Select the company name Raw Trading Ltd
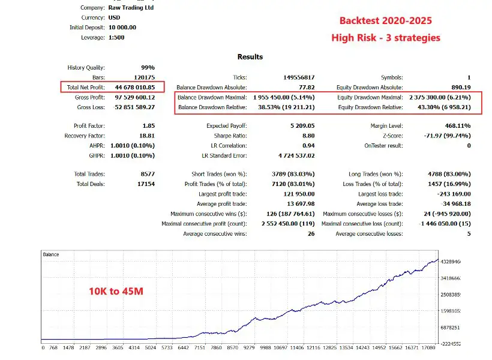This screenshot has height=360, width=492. pos(131,8)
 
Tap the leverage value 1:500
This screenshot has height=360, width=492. pos(117,37)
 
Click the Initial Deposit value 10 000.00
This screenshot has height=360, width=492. pos(122,28)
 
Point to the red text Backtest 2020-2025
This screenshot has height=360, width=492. pos(386,21)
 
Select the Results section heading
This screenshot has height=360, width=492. pos(250,57)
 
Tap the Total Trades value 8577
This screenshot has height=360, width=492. pos(146,174)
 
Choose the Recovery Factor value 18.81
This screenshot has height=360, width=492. pos(146,136)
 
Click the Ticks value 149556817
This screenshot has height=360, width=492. pos(298,77)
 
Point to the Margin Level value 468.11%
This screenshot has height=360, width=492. pos(454,126)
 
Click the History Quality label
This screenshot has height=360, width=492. pos(86,68)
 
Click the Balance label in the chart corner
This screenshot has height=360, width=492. pos(51,254)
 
